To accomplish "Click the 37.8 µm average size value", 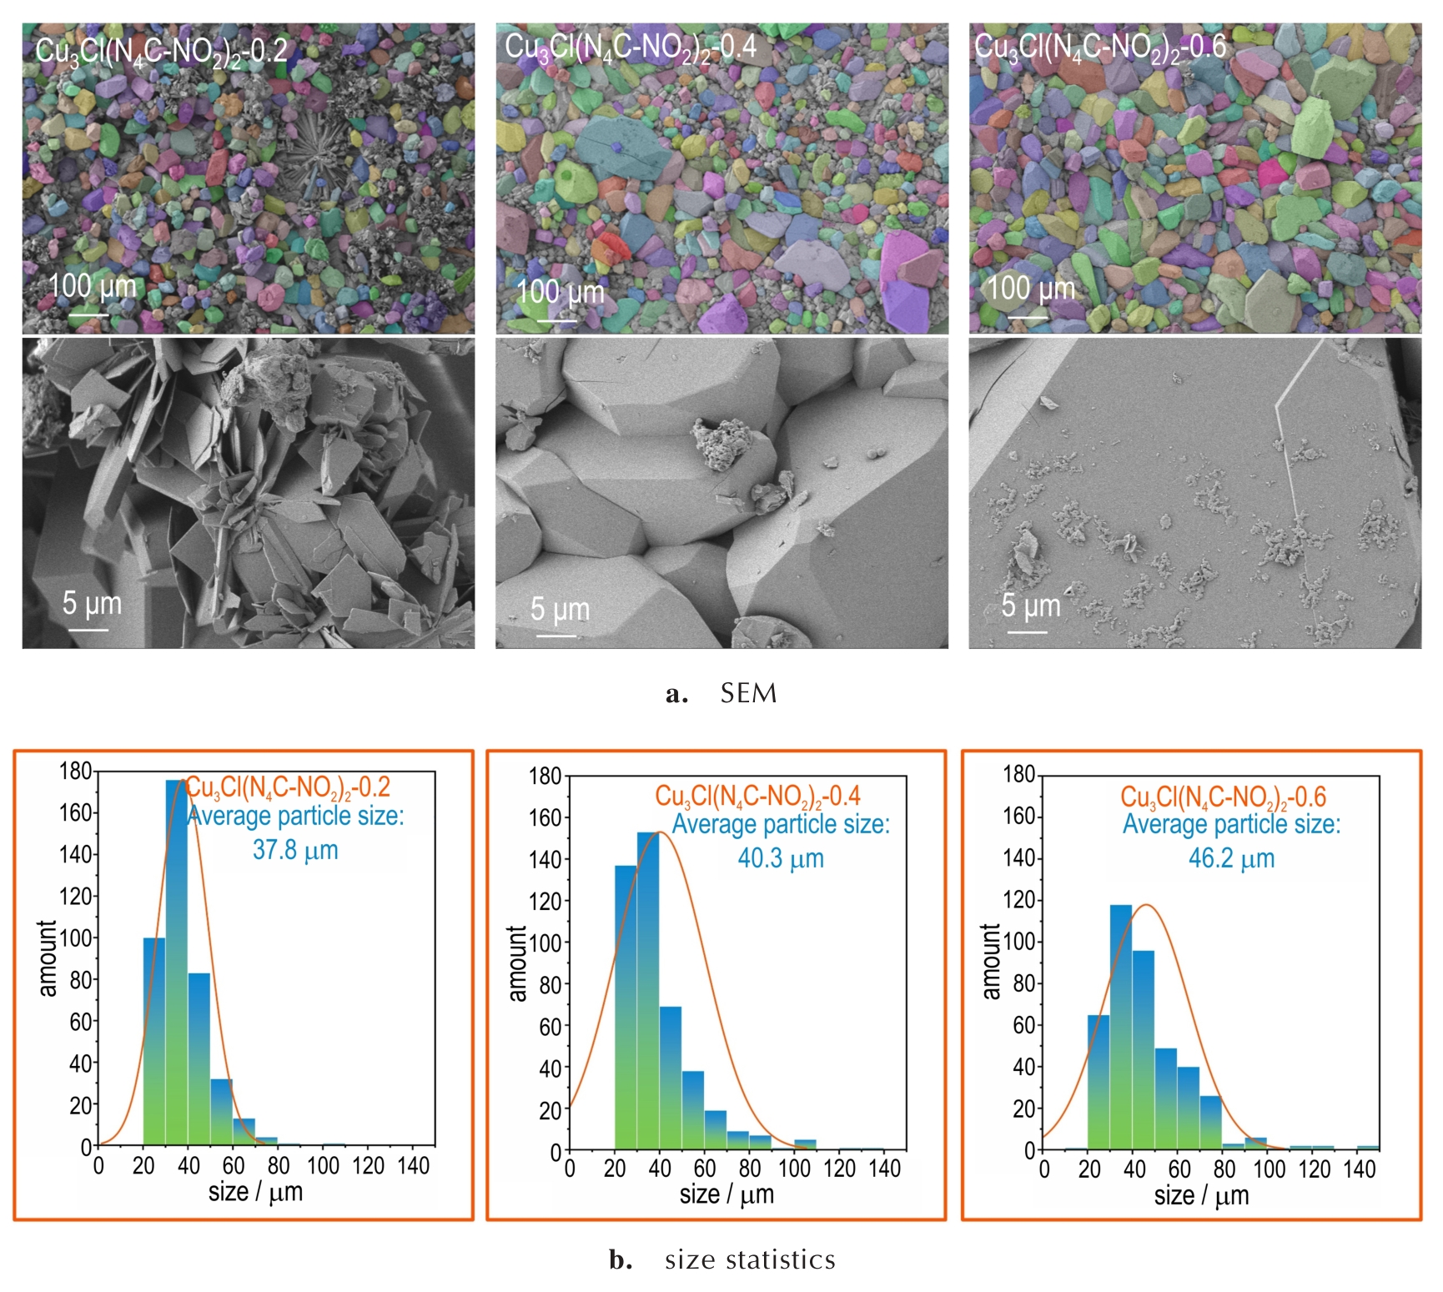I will pyautogui.click(x=295, y=850).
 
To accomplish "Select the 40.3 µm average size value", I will pyautogui.click(x=781, y=858).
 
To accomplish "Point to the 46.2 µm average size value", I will pyautogui.click(x=1231, y=858).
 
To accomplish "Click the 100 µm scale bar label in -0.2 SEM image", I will pyautogui.click(x=92, y=286).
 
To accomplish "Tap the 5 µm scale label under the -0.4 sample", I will pyautogui.click(x=560, y=610).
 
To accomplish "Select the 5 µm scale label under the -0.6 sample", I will pyautogui.click(x=1031, y=606).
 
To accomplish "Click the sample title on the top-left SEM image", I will pyautogui.click(x=161, y=51).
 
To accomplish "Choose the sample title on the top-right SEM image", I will pyautogui.click(x=1100, y=47).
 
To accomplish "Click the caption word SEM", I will pyautogui.click(x=748, y=693).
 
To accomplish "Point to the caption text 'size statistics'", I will pyautogui.click(x=750, y=1259).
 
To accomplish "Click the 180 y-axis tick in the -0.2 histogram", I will pyautogui.click(x=75, y=771).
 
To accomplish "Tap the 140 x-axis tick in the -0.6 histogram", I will pyautogui.click(x=1359, y=1169).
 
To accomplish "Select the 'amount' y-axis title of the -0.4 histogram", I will pyautogui.click(x=517, y=963).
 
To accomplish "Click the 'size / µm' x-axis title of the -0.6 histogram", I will pyautogui.click(x=1201, y=1196).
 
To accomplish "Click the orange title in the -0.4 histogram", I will pyautogui.click(x=757, y=796).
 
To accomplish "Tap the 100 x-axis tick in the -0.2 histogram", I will pyautogui.click(x=323, y=1165).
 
